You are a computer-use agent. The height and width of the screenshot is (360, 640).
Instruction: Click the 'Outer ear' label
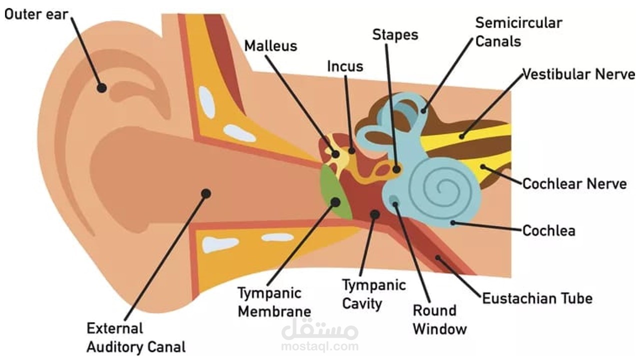(x=36, y=14)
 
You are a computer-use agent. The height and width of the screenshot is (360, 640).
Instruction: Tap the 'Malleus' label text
(x=270, y=46)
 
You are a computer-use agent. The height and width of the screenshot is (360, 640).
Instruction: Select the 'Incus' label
(x=345, y=66)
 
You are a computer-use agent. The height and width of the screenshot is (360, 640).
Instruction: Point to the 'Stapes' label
(x=395, y=34)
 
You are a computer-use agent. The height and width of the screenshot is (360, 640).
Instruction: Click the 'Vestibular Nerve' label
(x=578, y=74)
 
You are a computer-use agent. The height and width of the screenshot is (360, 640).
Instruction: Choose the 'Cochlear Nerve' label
(x=574, y=183)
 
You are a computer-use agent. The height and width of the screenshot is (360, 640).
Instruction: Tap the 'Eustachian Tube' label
(x=537, y=298)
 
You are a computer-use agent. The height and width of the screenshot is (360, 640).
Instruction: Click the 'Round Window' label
(x=439, y=319)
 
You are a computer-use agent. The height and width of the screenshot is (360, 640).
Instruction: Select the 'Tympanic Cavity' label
(x=373, y=294)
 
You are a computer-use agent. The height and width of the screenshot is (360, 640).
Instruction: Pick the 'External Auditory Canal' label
(x=136, y=337)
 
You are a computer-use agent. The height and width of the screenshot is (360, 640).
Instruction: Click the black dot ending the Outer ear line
(x=101, y=87)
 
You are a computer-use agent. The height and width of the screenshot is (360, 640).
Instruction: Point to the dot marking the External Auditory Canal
(x=206, y=193)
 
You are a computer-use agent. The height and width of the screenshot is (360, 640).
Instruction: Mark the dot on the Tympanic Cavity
(x=374, y=214)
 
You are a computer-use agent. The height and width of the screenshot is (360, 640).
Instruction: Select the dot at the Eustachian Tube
(x=438, y=258)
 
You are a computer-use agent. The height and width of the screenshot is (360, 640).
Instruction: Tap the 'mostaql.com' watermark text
(x=319, y=346)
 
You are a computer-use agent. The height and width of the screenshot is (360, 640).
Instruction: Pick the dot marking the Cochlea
(x=453, y=223)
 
